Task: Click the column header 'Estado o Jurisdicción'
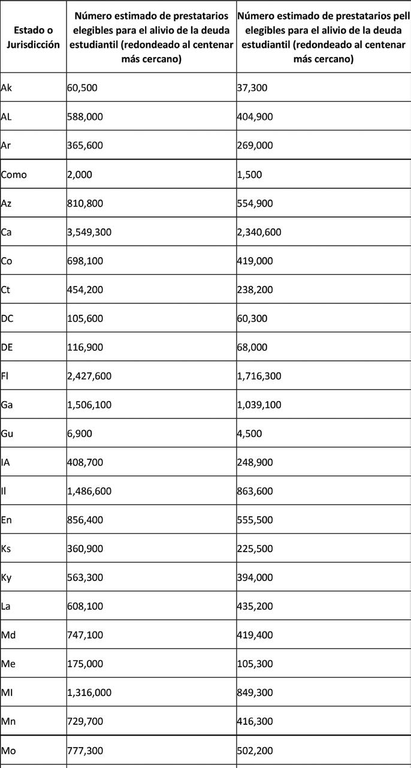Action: click(34, 37)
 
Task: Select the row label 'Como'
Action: click(14, 174)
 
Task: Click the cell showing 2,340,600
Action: click(259, 232)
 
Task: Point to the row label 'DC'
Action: click(7, 318)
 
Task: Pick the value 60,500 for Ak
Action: click(82, 88)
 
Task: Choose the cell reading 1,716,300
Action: click(259, 376)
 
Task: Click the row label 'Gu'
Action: click(7, 433)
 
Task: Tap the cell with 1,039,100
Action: click(259, 405)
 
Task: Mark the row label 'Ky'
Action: click(7, 577)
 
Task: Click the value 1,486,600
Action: click(89, 491)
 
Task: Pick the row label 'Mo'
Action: click(8, 750)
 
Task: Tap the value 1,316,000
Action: click(89, 692)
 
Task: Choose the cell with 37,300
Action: click(252, 88)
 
